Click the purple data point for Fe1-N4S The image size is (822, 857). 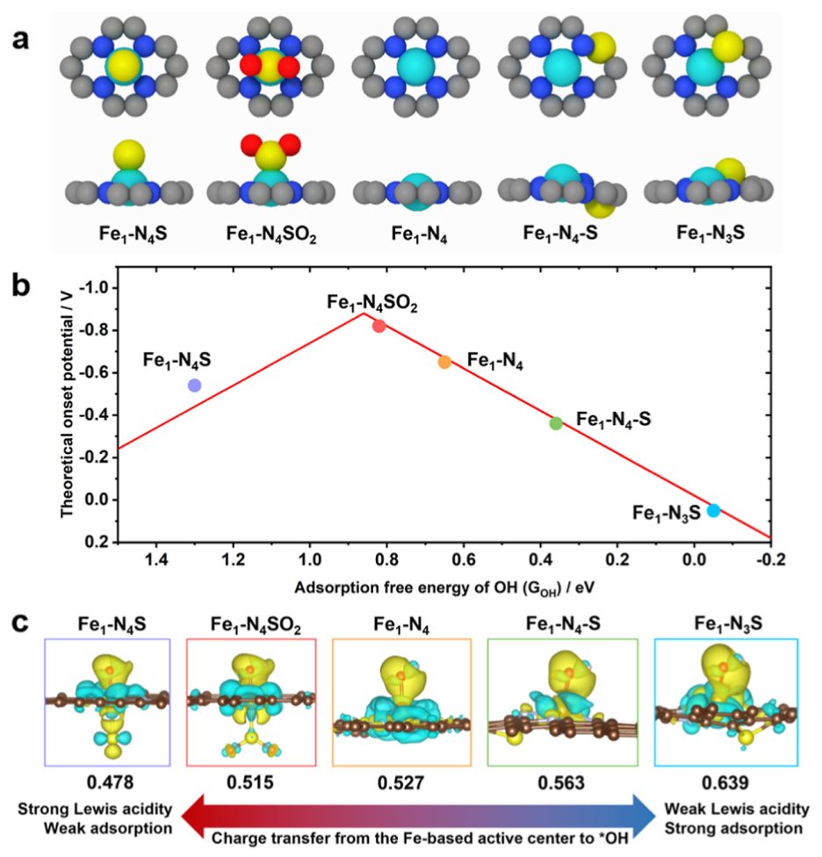pyautogui.click(x=194, y=385)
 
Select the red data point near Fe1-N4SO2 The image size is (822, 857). pyautogui.click(x=379, y=326)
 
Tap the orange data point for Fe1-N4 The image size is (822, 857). pyautogui.click(x=444, y=362)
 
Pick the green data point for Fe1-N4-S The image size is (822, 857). pyautogui.click(x=556, y=423)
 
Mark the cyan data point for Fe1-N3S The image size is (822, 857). pyautogui.click(x=713, y=510)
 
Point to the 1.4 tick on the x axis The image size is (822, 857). pyautogui.click(x=155, y=558)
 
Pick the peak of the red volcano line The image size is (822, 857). pyautogui.click(x=364, y=313)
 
